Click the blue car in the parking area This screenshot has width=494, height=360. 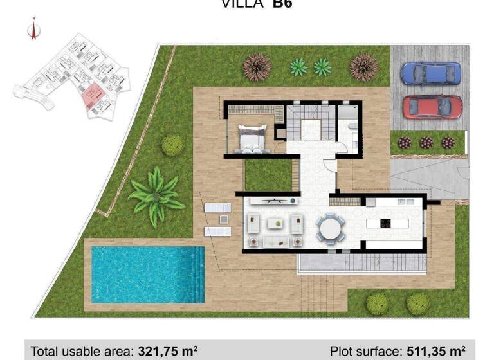pos(431,74)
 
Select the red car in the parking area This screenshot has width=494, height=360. pos(432,107)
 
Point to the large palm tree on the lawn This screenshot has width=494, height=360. pos(156,195)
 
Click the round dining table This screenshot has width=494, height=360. pos(330,228)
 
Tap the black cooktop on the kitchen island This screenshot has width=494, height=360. pos(385,224)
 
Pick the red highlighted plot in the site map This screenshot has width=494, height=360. pos(93,97)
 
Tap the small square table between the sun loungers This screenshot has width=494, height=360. pos(223,219)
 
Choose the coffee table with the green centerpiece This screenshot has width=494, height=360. pos(277,224)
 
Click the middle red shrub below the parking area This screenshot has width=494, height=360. pos(426,142)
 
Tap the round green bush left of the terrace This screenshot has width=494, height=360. pos(172,145)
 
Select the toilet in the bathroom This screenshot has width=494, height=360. pos(352,136)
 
